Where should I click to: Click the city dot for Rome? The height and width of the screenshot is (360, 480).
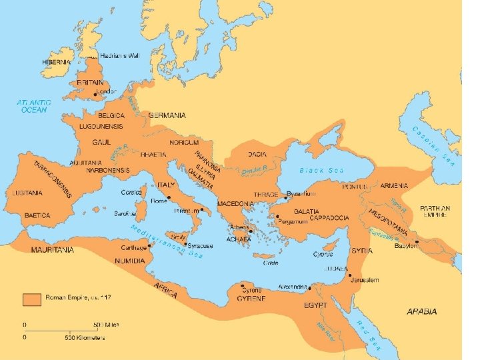[169, 198]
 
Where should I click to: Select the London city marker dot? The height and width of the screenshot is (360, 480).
[96, 95]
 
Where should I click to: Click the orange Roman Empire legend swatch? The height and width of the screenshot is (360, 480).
[32, 299]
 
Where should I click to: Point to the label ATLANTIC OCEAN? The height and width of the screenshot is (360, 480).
[33, 106]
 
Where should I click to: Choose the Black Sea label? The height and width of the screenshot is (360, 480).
[321, 170]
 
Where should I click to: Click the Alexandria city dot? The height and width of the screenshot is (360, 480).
[310, 289]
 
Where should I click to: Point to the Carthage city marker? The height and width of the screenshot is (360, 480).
[151, 245]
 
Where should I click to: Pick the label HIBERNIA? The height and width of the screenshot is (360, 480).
[55, 62]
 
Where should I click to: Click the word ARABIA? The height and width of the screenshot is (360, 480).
[422, 311]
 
